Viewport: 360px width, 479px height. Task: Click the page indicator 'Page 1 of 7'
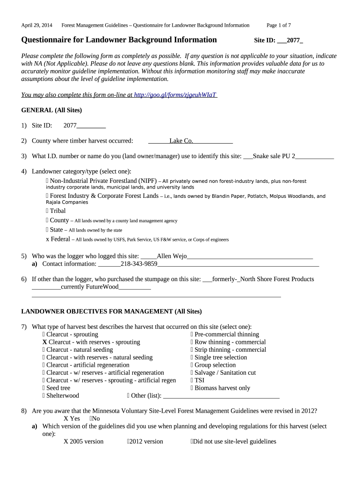279,25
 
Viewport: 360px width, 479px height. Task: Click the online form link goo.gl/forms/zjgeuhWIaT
175,94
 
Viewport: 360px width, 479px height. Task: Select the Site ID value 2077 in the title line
293,40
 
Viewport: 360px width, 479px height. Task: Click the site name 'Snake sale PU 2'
274,156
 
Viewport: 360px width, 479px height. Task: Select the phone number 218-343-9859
139,264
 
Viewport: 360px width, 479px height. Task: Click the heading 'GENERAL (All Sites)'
52,110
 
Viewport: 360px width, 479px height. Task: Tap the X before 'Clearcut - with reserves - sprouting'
44,342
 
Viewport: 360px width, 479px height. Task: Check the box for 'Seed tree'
44,388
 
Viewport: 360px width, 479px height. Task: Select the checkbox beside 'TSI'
192,380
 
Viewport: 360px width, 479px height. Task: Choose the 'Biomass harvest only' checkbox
192,388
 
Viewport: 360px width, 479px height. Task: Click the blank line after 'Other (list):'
221,396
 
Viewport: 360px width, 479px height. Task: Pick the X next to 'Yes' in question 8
66,419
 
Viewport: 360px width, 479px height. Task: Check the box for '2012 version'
128,442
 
